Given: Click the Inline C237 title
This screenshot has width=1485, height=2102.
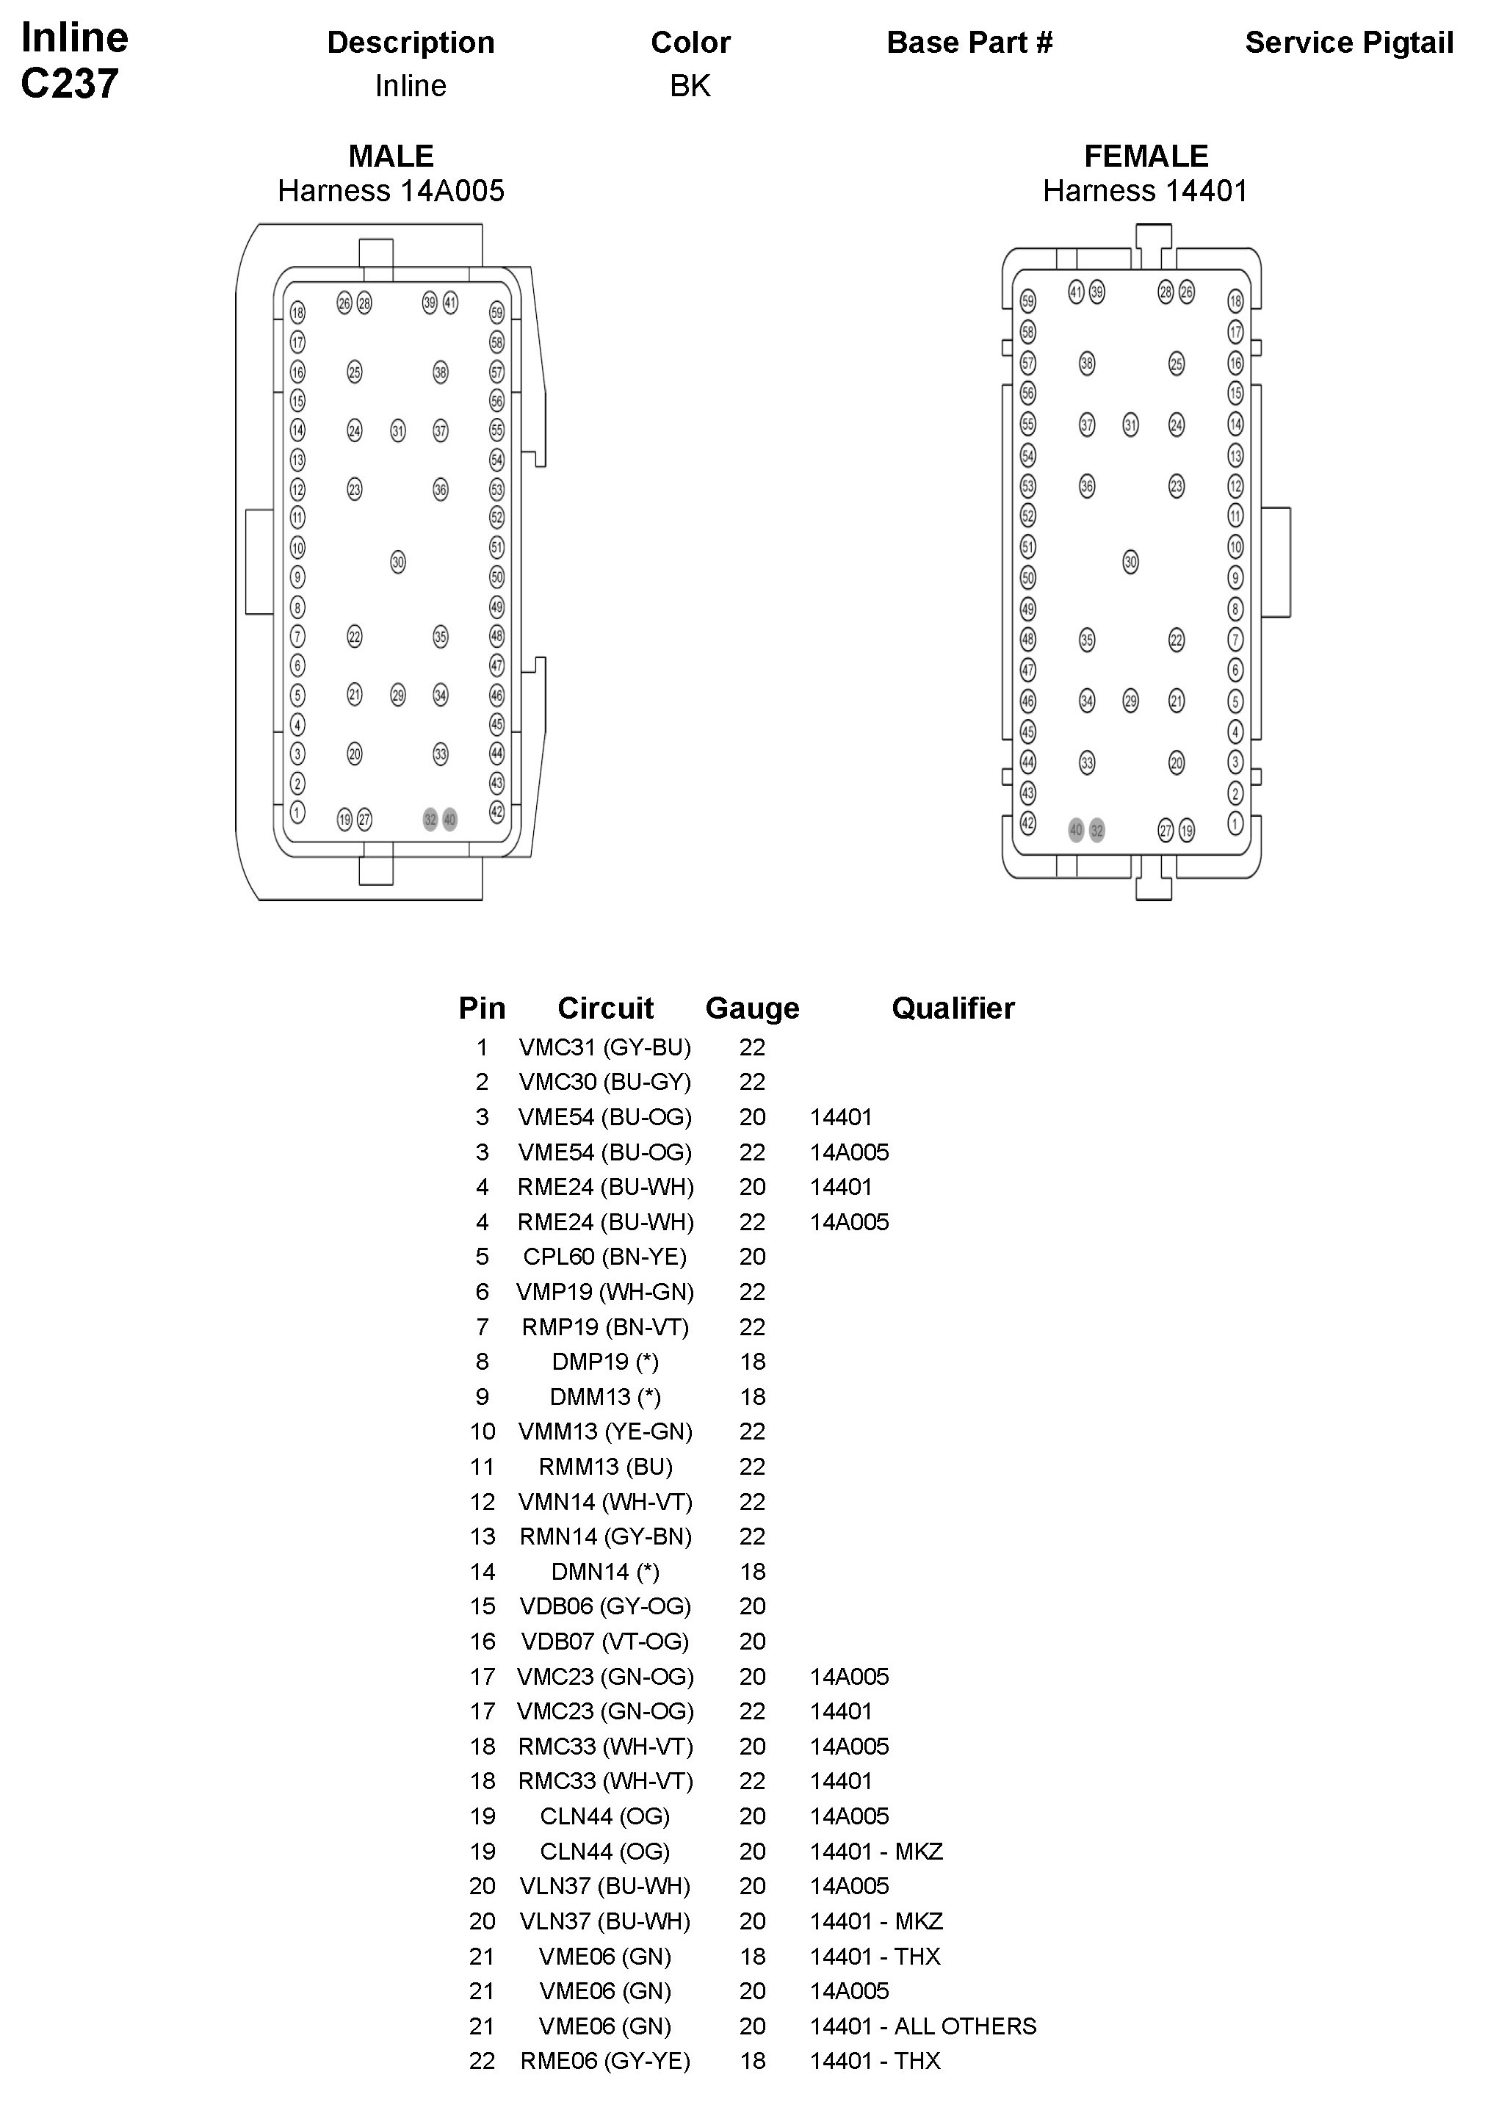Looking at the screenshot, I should [73, 60].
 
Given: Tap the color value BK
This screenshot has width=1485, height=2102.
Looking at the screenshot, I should [690, 86].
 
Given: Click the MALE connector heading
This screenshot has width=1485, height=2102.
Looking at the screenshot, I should [391, 156].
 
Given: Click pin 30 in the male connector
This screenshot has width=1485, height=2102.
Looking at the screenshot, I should [397, 561].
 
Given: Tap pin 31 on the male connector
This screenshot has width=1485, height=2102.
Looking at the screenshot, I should [397, 430].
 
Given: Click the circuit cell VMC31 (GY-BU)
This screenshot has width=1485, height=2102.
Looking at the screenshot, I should [604, 1047].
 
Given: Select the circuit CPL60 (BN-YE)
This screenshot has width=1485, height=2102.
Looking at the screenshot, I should [604, 1257].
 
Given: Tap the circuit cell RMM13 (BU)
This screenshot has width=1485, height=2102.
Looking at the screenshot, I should [604, 1467].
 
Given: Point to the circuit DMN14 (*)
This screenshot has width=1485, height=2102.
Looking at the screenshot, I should [604, 1572].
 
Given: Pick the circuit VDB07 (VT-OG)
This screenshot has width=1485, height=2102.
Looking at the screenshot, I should [604, 1641].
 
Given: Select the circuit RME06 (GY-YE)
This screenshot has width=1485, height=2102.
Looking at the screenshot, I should [604, 2061].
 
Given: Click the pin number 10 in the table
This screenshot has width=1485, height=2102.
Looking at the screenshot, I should [482, 1432].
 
